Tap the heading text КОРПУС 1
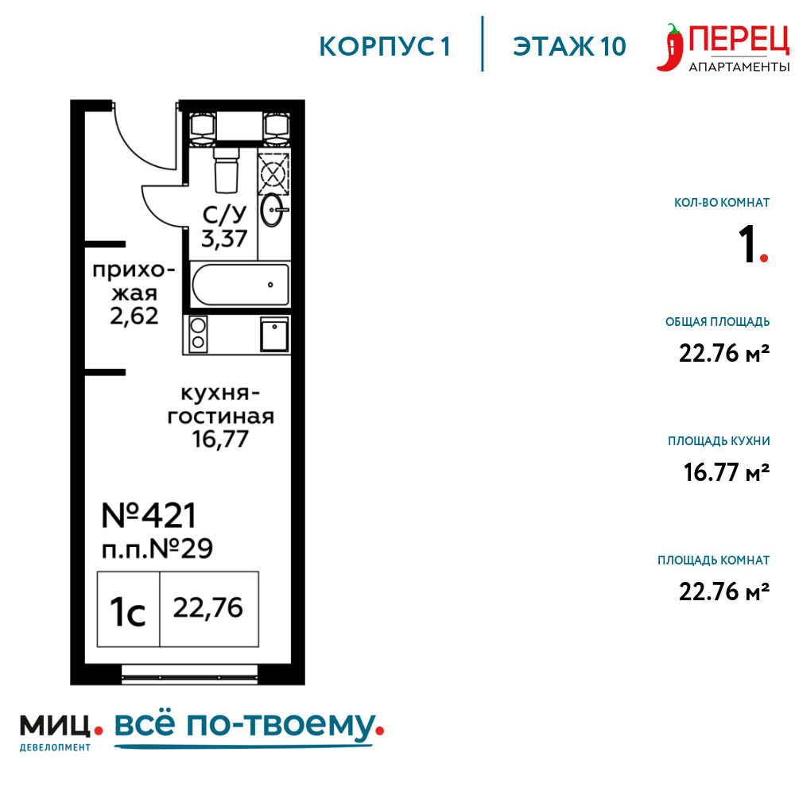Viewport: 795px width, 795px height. [385, 47]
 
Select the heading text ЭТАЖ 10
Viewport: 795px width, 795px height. [569, 47]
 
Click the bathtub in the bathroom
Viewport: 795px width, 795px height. [240, 285]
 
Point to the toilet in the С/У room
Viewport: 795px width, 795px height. [226, 170]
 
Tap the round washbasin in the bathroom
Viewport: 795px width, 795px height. [273, 209]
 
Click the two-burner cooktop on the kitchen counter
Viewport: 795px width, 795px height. [198, 334]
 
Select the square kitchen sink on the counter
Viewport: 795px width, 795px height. [274, 334]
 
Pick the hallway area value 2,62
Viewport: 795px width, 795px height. [134, 316]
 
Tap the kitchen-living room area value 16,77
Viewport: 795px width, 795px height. [220, 439]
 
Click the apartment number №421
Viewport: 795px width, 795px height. [149, 516]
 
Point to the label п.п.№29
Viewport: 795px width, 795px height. [157, 549]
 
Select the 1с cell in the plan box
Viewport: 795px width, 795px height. [128, 610]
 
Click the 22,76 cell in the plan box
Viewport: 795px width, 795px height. [209, 610]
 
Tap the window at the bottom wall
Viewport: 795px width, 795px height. [189, 675]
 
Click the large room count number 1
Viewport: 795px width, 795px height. [747, 245]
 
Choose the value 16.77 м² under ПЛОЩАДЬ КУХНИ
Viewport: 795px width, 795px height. [726, 472]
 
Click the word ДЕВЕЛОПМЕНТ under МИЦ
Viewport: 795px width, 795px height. [56, 747]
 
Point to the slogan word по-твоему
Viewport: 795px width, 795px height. [281, 726]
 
